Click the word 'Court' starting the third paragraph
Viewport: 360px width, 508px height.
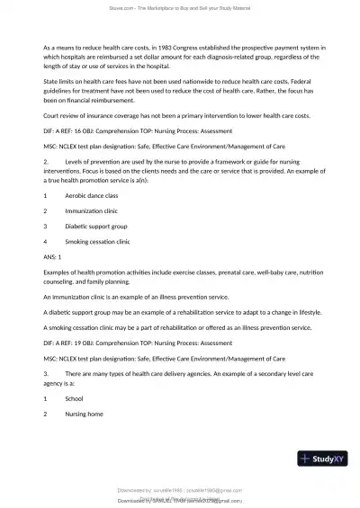tap(52, 114)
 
